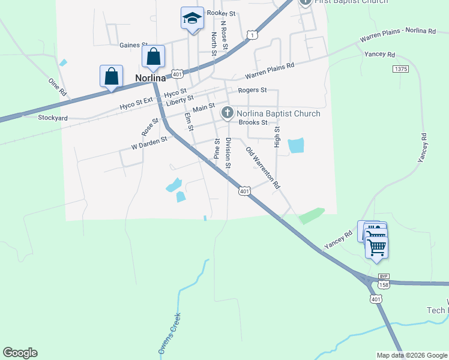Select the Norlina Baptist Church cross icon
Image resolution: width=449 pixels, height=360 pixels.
click(228, 113)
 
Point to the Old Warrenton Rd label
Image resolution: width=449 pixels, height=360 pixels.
click(264, 168)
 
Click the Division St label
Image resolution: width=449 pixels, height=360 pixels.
click(228, 152)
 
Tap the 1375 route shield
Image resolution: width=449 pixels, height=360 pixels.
click(401, 70)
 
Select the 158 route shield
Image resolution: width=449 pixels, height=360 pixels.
click(384, 284)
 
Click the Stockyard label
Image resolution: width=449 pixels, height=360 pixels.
click(53, 118)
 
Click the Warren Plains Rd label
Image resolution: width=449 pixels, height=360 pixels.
click(270, 71)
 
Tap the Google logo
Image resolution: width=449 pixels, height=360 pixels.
click(20, 353)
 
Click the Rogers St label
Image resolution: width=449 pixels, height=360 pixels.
click(252, 90)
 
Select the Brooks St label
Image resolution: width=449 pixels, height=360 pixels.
click(253, 122)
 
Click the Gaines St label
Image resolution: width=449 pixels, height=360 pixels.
click(133, 45)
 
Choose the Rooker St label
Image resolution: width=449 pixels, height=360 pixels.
click(223, 13)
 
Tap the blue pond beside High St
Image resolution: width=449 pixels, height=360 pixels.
click(295, 146)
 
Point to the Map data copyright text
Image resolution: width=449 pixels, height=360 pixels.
click(411, 355)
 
